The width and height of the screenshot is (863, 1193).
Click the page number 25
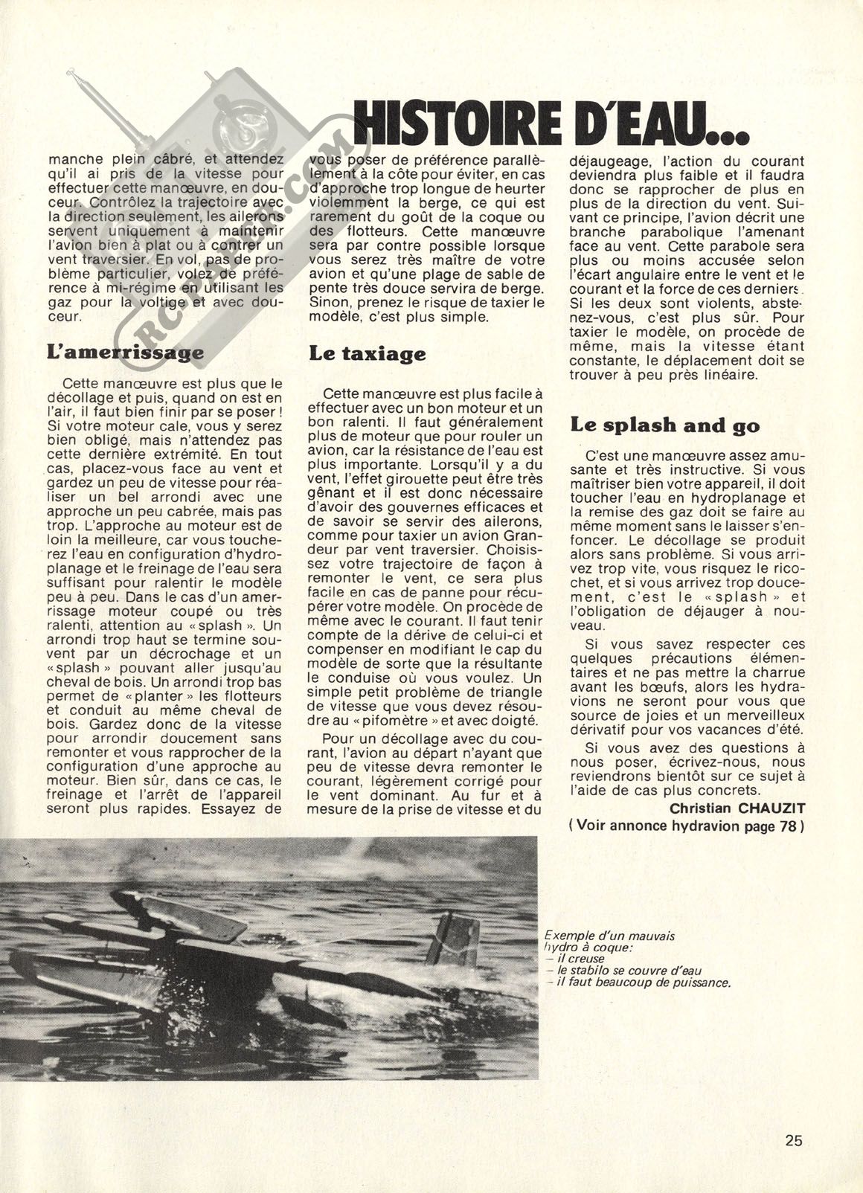(794, 1139)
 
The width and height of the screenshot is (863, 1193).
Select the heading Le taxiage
(368, 354)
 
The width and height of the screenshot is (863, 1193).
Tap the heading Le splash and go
(665, 425)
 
